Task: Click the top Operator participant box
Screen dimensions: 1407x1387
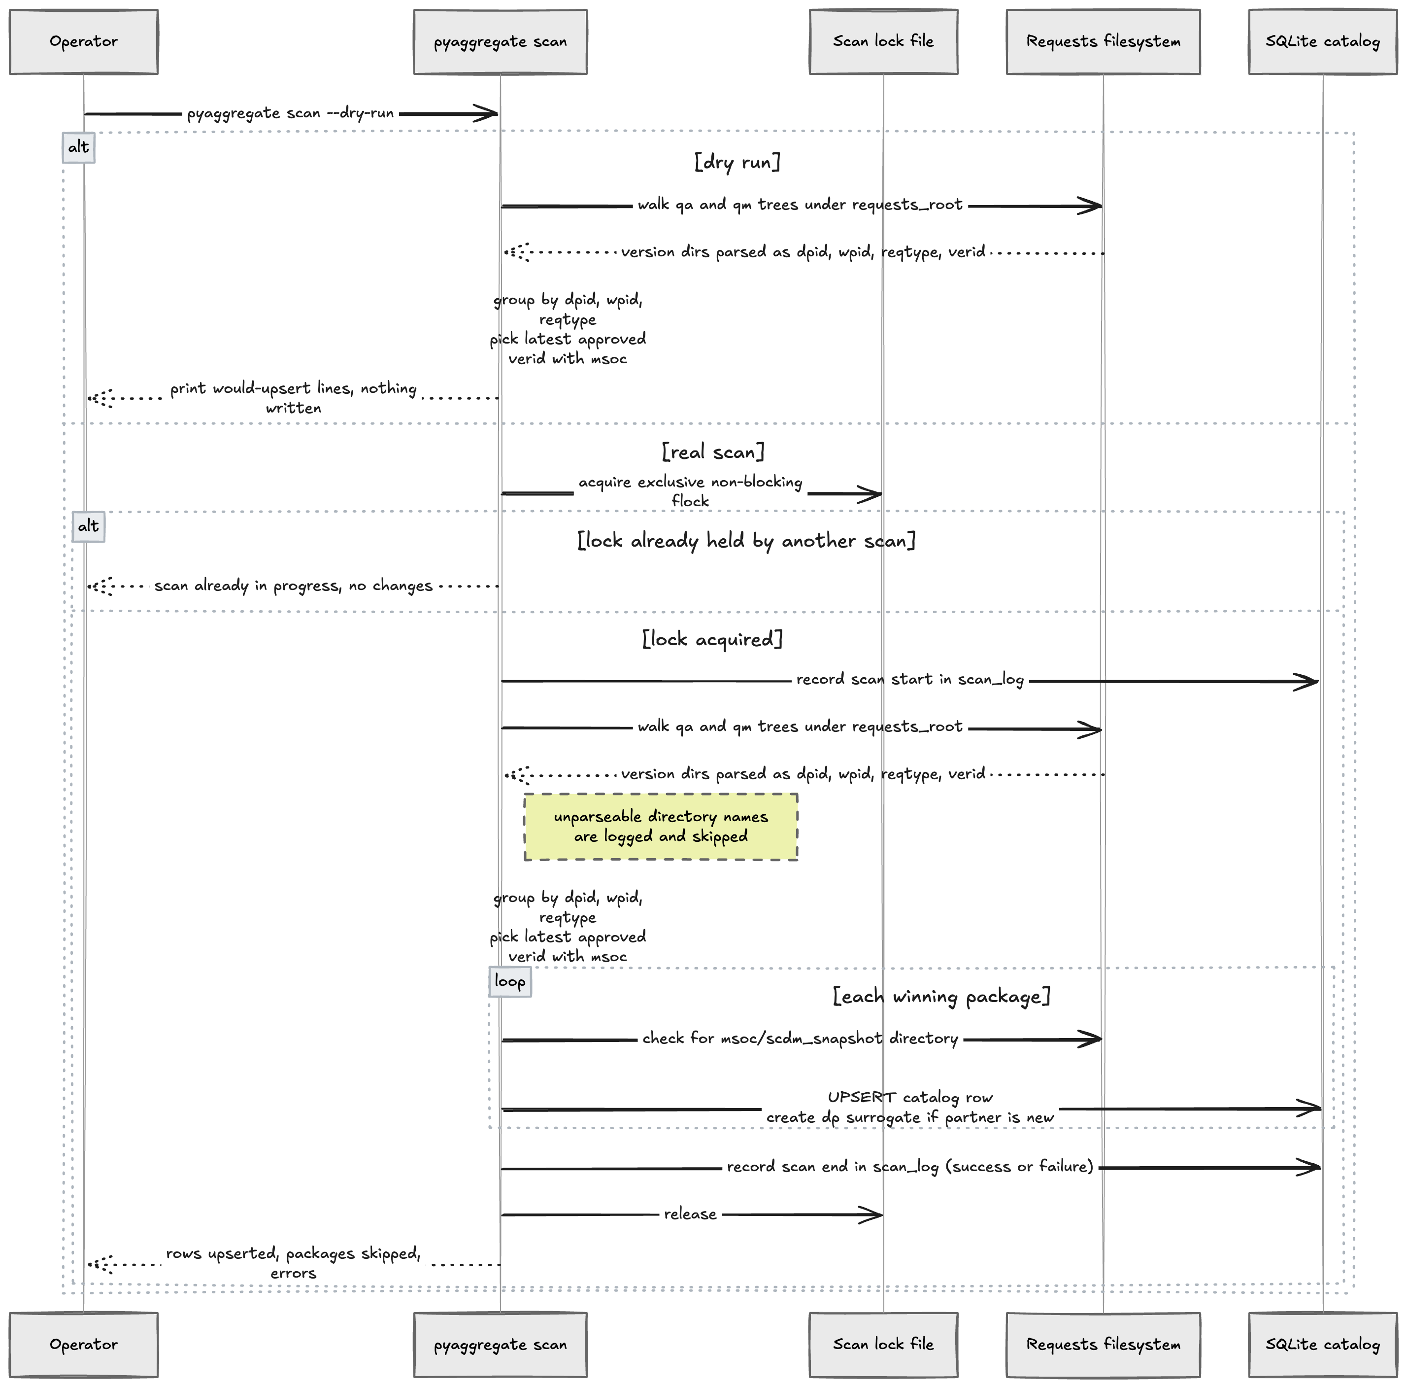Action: (x=84, y=41)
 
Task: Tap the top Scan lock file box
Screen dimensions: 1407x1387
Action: (x=883, y=41)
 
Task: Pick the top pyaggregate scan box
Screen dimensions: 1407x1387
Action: (x=501, y=41)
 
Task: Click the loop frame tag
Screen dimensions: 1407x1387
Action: (x=510, y=981)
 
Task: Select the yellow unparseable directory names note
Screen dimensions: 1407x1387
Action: (x=661, y=827)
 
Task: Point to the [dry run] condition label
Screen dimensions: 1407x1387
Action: (x=737, y=162)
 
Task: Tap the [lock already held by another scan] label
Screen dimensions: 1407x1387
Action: (x=746, y=541)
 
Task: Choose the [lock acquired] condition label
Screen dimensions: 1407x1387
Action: (x=712, y=639)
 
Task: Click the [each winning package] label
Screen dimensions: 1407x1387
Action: (x=941, y=996)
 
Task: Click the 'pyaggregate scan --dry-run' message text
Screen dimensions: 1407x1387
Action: (x=291, y=114)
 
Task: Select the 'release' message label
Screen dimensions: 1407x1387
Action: (x=690, y=1214)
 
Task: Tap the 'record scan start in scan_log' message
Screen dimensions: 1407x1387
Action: (x=910, y=680)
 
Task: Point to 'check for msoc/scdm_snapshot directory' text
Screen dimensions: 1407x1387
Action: (x=801, y=1039)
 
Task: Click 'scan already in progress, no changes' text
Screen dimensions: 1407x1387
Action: (x=294, y=586)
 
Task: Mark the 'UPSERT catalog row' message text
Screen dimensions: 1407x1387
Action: (x=910, y=1097)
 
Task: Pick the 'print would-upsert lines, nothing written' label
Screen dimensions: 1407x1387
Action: (x=294, y=398)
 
